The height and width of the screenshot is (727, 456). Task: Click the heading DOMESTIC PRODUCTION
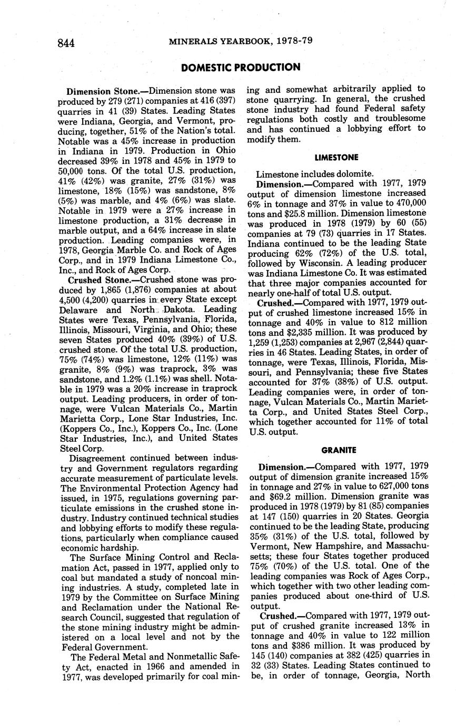point(241,67)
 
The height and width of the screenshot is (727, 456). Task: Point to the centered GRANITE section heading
point(339,450)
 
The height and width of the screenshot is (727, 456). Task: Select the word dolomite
point(358,174)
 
